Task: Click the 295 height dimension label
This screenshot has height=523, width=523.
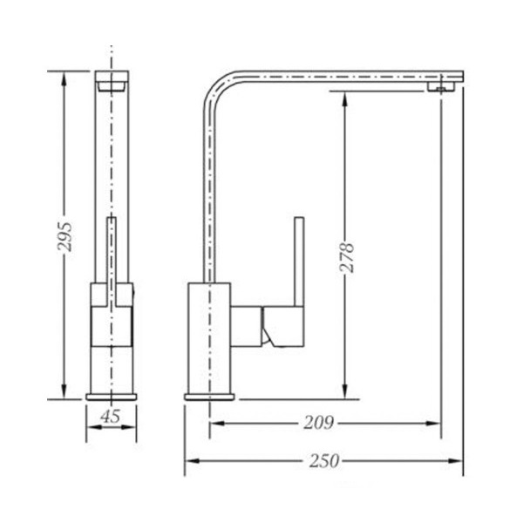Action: point(65,236)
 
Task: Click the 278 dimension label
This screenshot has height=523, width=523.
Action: point(347,258)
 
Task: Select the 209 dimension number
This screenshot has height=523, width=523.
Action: point(318,423)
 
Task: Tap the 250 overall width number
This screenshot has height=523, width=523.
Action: point(324,460)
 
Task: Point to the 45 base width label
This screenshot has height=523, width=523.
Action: point(111,416)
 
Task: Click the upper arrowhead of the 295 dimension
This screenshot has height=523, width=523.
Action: point(64,78)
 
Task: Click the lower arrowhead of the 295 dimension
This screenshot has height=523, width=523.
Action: point(64,391)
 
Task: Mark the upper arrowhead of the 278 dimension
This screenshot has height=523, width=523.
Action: point(345,99)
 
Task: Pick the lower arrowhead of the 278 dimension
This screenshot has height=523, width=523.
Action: point(345,391)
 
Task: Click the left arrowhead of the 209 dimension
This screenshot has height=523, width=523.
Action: point(217,424)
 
